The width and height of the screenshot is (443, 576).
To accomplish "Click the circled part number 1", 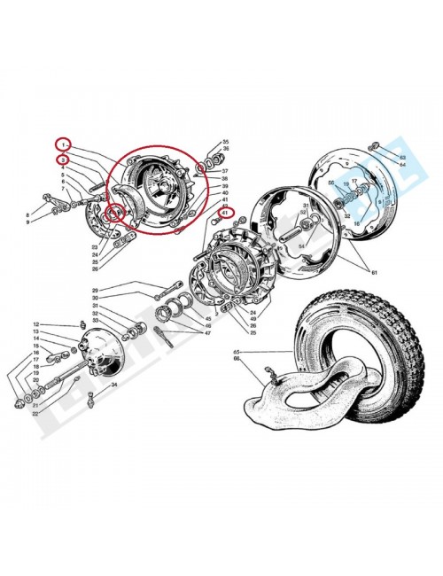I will [x=63, y=144].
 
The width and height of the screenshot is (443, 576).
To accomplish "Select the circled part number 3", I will [x=63, y=160].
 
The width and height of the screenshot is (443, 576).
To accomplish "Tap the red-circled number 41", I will [x=226, y=213].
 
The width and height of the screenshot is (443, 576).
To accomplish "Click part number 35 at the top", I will [x=225, y=142].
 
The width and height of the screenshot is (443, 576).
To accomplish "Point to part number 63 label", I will [x=401, y=157].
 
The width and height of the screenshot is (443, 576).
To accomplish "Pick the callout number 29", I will [x=120, y=291].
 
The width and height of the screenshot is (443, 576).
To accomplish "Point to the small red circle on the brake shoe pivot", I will [x=113, y=213].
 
